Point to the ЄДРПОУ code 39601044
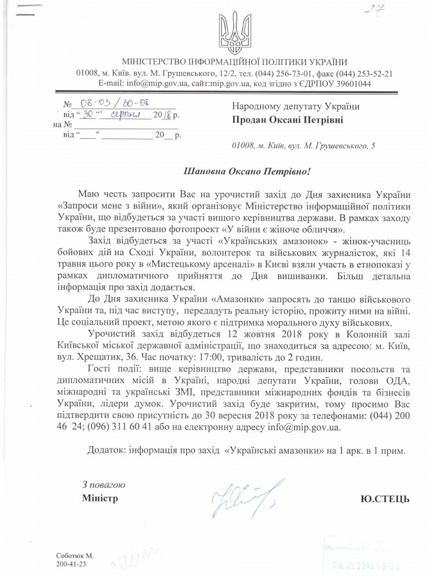tap(329, 83)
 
